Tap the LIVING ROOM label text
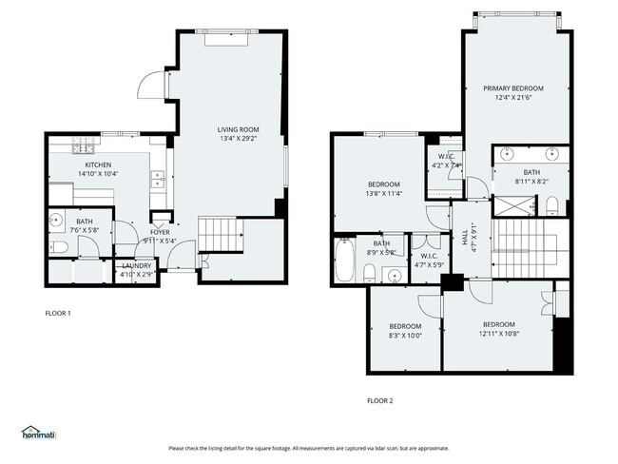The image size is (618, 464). (238, 129)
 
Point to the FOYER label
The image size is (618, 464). (160, 231)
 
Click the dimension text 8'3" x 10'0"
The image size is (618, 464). (404, 335)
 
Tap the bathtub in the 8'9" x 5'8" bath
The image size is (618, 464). (343, 261)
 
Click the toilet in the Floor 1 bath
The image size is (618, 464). (59, 247)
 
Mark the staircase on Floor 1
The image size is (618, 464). (218, 233)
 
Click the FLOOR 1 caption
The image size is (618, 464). (58, 313)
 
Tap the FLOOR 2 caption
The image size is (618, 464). (379, 400)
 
